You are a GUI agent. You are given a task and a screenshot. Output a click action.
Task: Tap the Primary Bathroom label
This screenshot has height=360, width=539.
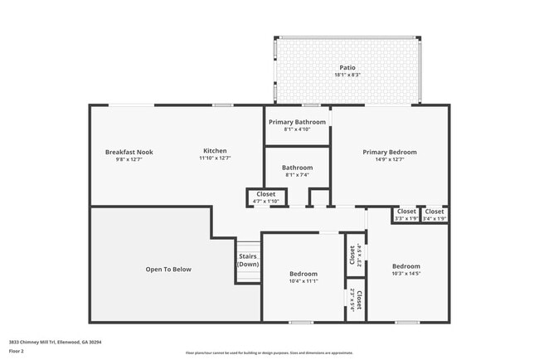[297, 121]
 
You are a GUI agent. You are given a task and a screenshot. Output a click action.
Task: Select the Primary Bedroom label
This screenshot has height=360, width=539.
[390, 152]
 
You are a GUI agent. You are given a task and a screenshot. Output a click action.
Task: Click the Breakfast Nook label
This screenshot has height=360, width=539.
[129, 152]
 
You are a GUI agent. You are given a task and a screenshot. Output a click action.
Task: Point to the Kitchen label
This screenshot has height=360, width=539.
[215, 151]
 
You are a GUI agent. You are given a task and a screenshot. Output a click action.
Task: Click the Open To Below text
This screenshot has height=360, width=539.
[168, 269]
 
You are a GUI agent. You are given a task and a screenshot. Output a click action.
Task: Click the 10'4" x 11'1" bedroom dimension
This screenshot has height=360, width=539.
[303, 282]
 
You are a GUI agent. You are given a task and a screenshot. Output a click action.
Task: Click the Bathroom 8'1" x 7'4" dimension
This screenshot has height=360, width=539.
[297, 175]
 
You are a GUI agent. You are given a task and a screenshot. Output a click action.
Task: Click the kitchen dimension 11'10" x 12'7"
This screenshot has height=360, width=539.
[215, 159]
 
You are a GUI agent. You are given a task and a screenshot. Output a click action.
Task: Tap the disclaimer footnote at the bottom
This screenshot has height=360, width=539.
[269, 353]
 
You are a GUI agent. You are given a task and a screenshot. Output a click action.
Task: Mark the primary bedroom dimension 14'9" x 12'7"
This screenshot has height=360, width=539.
[390, 160]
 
